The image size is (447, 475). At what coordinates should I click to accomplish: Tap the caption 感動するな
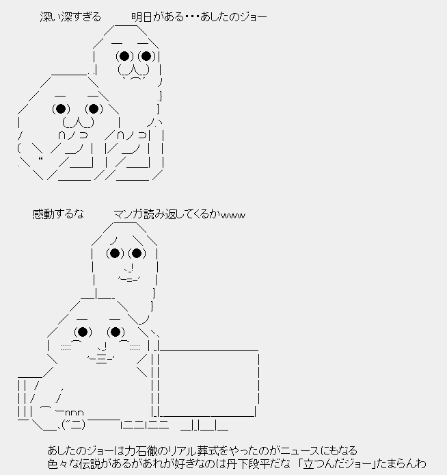pyautogui.click(x=58, y=214)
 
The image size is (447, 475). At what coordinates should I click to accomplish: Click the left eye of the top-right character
pyautogui.click(x=123, y=55)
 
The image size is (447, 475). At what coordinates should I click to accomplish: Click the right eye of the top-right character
pyautogui.click(x=146, y=55)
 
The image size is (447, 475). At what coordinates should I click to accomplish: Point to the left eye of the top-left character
pyautogui.click(x=61, y=108)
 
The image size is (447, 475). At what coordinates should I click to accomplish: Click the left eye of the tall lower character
pyautogui.click(x=115, y=254)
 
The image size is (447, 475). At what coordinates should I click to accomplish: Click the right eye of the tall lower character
pyautogui.click(x=137, y=254)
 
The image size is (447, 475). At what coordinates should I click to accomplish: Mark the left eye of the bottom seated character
pyautogui.click(x=82, y=333)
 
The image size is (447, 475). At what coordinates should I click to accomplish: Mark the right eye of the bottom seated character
pyautogui.click(x=115, y=333)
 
